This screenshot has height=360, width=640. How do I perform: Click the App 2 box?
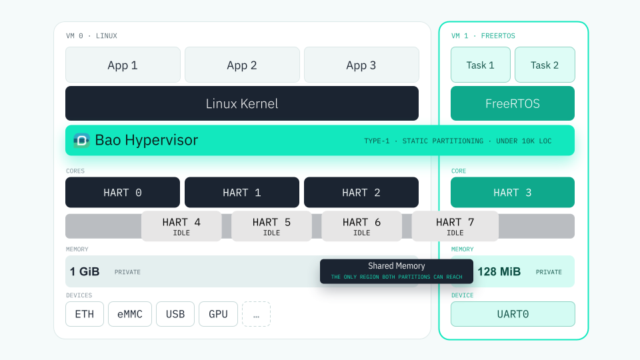(x=242, y=65)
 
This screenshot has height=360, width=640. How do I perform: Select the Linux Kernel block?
(x=242, y=103)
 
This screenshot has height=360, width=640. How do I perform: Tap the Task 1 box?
(x=481, y=65)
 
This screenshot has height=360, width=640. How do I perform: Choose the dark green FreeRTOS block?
(x=513, y=103)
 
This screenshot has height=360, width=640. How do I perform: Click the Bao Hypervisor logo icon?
(x=81, y=141)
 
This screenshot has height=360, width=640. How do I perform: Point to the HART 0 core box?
(x=123, y=192)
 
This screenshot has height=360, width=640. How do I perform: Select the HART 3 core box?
(x=513, y=192)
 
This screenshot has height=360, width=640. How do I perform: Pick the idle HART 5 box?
(x=271, y=226)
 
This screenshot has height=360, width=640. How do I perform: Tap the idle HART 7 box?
(x=455, y=226)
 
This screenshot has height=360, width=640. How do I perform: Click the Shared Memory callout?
(x=396, y=271)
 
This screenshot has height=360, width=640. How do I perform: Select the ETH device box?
(x=85, y=314)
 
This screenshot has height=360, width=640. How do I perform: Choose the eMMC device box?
(x=130, y=314)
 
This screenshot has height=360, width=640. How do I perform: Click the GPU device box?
(x=219, y=314)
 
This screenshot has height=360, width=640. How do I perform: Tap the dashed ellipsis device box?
(x=256, y=314)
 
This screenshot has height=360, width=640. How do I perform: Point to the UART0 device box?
(x=513, y=314)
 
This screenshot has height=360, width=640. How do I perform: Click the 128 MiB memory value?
(x=499, y=272)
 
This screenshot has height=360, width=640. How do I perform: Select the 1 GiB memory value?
(x=85, y=272)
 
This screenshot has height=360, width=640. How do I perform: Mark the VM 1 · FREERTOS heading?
(x=483, y=36)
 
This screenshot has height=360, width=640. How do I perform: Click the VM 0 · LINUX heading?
(x=91, y=36)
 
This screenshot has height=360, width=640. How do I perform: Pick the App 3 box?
(x=361, y=65)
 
